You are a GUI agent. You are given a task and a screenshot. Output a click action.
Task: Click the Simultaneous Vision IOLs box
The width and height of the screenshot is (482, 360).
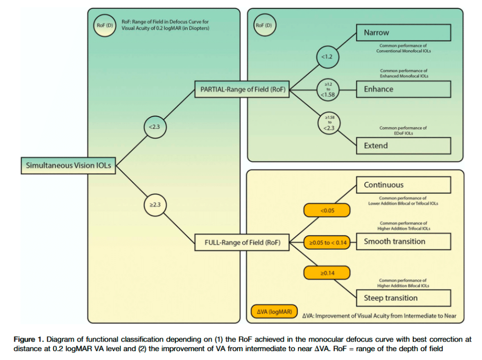(68, 165)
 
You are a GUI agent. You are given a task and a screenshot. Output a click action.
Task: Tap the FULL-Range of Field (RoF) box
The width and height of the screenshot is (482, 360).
(241, 243)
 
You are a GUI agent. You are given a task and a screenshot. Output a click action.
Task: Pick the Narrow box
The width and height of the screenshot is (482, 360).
(404, 33)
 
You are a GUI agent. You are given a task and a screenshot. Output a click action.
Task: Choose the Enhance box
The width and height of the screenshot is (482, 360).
(404, 89)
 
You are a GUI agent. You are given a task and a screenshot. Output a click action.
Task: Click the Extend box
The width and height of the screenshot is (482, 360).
(404, 145)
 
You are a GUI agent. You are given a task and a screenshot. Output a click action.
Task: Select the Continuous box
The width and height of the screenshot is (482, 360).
(404, 185)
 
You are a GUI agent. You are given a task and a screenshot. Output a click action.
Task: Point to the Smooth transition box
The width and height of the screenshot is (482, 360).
(404, 241)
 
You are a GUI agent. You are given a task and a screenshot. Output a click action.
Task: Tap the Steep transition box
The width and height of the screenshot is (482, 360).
(404, 298)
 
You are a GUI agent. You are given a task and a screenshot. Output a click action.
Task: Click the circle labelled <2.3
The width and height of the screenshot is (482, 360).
(156, 126)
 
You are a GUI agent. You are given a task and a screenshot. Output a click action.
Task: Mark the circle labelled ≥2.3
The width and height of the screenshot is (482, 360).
(156, 205)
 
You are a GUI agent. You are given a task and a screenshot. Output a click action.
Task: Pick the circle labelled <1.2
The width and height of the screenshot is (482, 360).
(328, 57)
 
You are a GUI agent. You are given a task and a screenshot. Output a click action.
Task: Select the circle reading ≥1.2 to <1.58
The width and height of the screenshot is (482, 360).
(329, 89)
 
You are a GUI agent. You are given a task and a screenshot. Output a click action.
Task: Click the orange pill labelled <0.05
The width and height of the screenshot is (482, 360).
(327, 210)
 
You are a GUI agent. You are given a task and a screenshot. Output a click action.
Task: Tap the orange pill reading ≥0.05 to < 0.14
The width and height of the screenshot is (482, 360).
(327, 243)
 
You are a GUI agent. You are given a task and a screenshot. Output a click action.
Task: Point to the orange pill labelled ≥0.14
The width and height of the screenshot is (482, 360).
(327, 273)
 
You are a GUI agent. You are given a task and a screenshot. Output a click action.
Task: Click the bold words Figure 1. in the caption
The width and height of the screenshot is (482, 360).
(29, 339)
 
